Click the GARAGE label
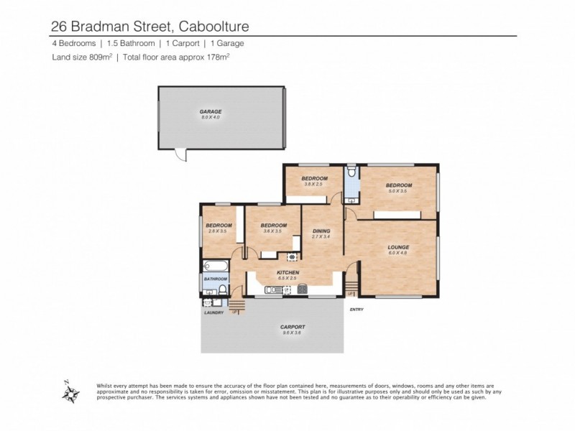tap(211, 111)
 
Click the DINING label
tap(321, 231)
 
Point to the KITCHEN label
tap(288, 272)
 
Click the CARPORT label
tap(293, 327)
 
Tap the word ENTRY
tap(356, 310)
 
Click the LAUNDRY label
tap(214, 312)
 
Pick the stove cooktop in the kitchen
tap(303, 289)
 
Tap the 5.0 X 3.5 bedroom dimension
tap(398, 192)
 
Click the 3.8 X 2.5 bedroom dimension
tap(314, 185)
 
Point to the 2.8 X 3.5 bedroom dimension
tap(218, 231)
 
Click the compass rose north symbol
tap(70, 392)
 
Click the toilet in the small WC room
tap(351, 174)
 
